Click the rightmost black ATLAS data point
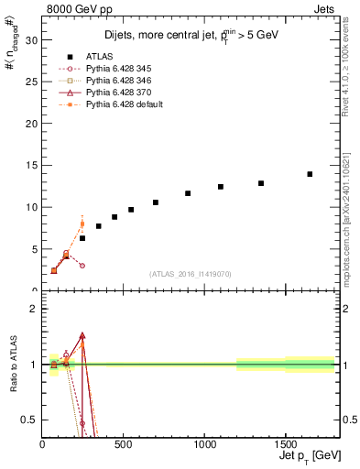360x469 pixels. (310, 174)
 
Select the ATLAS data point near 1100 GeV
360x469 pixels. (221, 187)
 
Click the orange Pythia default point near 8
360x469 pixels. (82, 224)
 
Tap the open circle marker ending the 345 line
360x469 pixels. (82, 266)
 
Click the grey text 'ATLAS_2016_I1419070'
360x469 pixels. (190, 273)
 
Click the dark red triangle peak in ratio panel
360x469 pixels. (82, 336)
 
